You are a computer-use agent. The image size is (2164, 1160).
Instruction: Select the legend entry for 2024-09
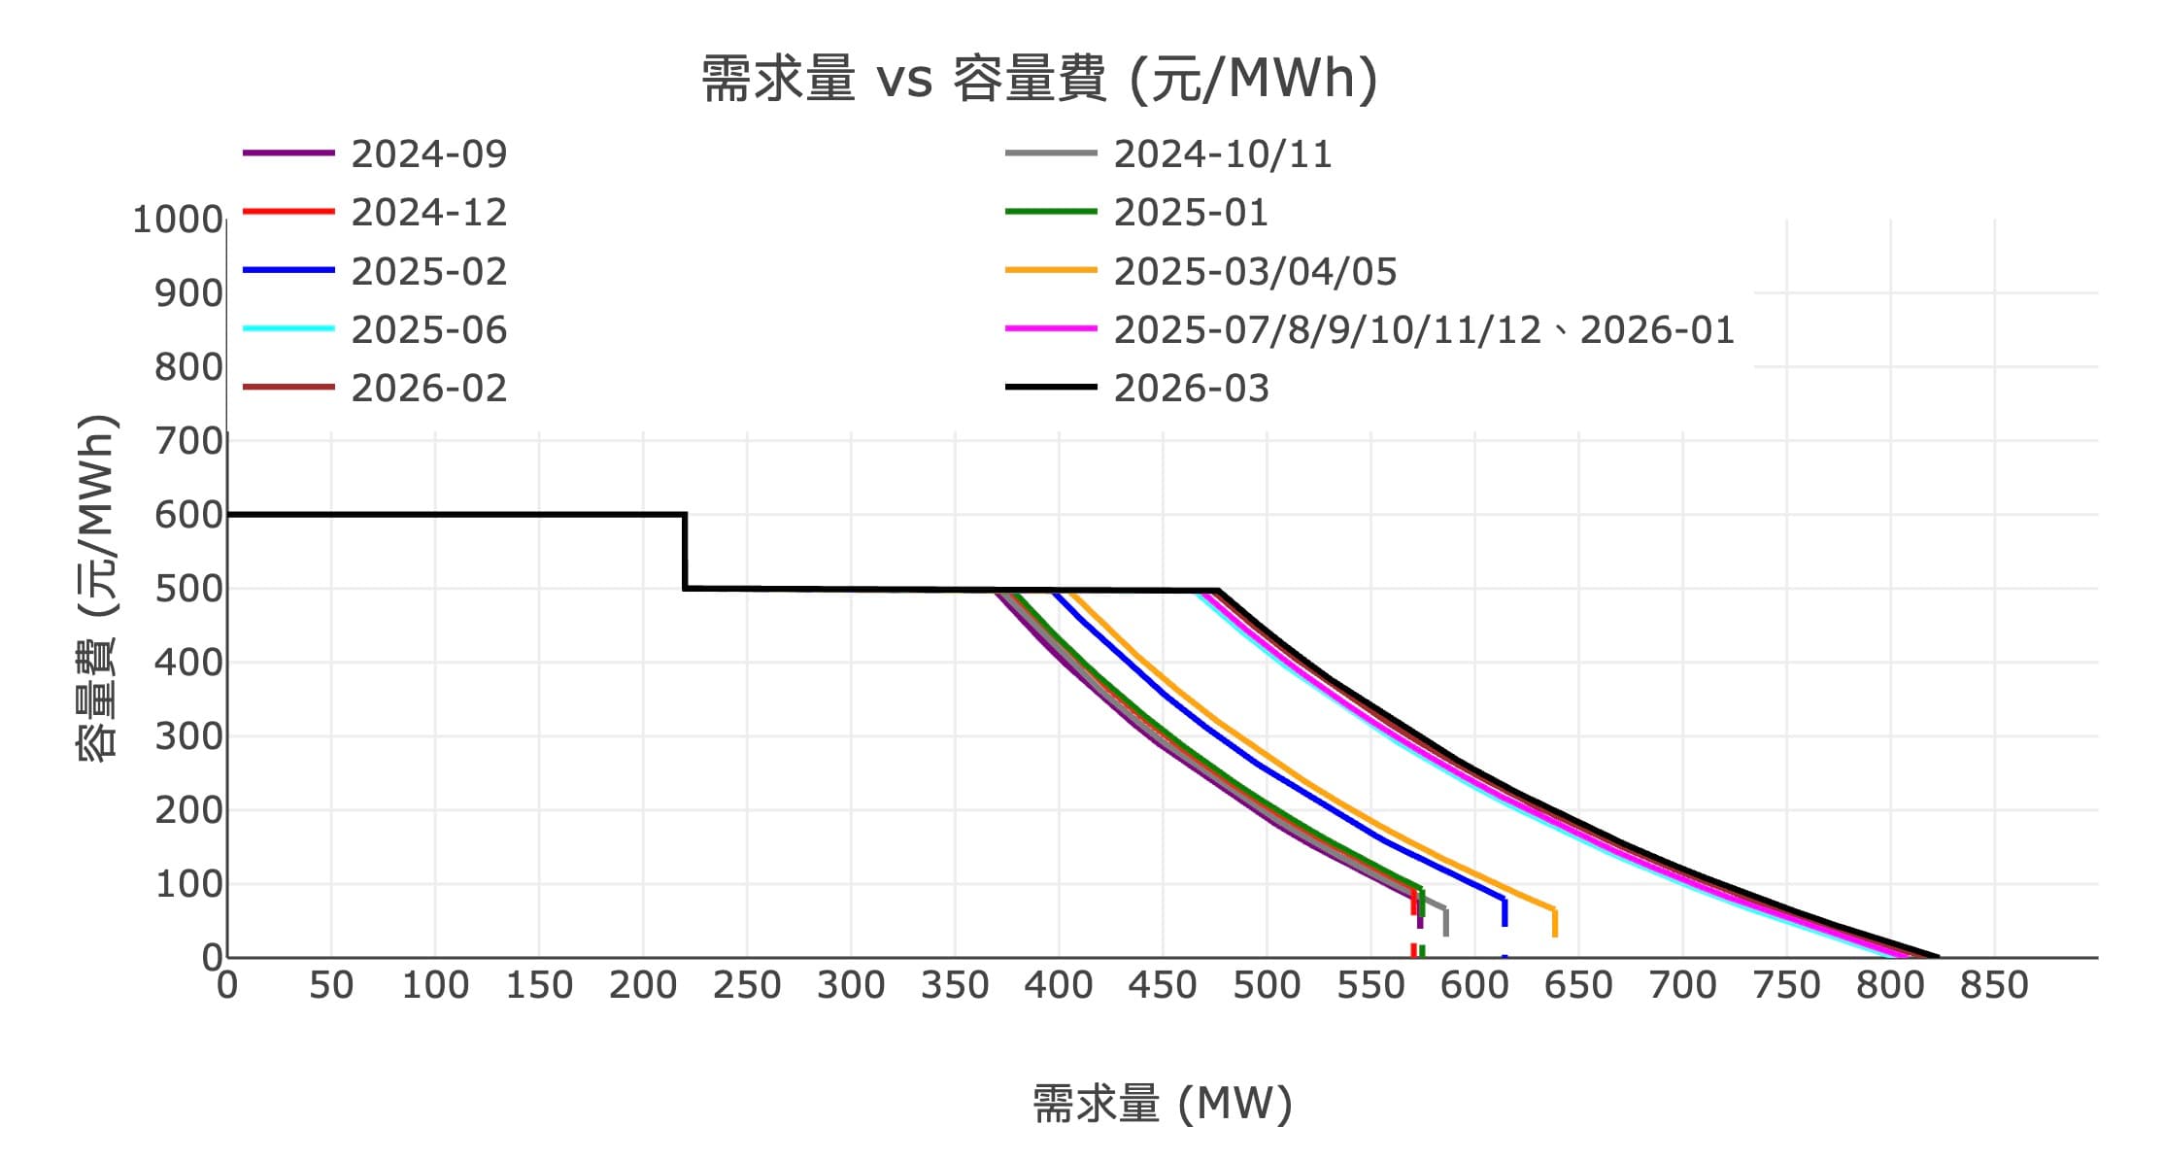(x=428, y=154)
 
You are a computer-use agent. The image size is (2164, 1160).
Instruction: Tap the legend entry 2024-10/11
(x=1222, y=154)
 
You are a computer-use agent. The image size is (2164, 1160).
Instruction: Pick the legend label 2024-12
(x=428, y=213)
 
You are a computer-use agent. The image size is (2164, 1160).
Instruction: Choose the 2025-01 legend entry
(x=1191, y=213)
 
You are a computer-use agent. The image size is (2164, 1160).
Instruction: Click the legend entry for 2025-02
(x=428, y=272)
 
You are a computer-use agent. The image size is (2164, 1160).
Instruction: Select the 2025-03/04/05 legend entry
(x=1254, y=272)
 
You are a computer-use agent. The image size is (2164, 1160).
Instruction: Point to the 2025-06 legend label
(x=428, y=330)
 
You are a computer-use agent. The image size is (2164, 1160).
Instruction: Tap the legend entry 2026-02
(x=428, y=389)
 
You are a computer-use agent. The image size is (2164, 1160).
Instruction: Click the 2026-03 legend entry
(x=1191, y=389)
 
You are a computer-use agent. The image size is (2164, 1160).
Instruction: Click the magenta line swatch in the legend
(x=1051, y=329)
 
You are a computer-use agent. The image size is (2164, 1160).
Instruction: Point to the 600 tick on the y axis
(x=188, y=515)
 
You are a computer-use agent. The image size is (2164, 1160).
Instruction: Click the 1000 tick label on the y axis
(x=178, y=220)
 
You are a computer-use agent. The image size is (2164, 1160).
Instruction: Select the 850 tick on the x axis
(x=1994, y=986)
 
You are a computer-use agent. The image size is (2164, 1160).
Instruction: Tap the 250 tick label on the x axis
(x=747, y=986)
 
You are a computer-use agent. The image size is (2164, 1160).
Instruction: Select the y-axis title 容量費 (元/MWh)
(x=97, y=588)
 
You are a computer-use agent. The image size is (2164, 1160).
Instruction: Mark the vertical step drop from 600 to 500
(x=685, y=551)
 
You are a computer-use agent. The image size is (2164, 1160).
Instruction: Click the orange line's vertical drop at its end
(x=1555, y=922)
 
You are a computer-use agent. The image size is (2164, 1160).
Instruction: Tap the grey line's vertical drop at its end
(x=1445, y=922)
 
